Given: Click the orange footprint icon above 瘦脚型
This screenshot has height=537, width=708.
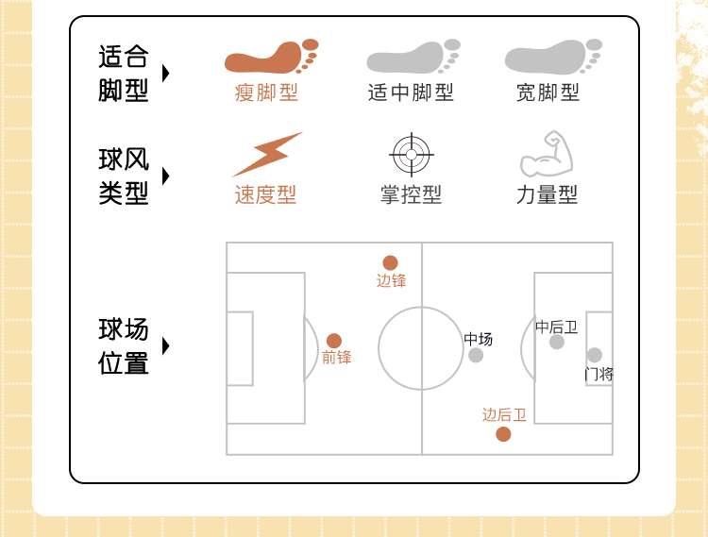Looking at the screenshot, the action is point(270,58).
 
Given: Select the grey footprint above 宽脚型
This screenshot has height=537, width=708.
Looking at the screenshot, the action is point(552,58).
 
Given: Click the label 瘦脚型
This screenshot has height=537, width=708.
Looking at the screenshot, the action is point(266,92).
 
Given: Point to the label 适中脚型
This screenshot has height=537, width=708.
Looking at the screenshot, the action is point(411,92).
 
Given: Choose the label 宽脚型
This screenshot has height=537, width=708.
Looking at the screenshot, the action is point(548,92).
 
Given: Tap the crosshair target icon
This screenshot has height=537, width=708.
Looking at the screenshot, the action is point(411,154).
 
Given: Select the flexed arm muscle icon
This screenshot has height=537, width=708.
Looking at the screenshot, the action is point(547,155).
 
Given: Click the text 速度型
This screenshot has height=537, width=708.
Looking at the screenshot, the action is point(265,195).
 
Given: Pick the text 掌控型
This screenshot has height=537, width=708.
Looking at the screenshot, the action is point(411,195).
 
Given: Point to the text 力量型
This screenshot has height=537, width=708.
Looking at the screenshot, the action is point(547,195).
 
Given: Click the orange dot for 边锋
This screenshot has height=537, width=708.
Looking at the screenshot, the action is point(390,263).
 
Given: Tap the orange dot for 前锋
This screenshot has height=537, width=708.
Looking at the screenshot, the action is point(334,341).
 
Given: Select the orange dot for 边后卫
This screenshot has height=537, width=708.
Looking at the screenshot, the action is point(503,434).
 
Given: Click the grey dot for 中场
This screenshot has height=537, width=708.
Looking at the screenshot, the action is point(476,355).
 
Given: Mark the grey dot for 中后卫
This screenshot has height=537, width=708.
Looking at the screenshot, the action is point(557,342).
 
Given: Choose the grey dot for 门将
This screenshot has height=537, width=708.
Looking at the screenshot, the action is point(595,355).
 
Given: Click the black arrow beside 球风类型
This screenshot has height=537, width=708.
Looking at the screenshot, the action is point(166,176).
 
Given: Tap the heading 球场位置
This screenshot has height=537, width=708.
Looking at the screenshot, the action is point(124,346).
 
